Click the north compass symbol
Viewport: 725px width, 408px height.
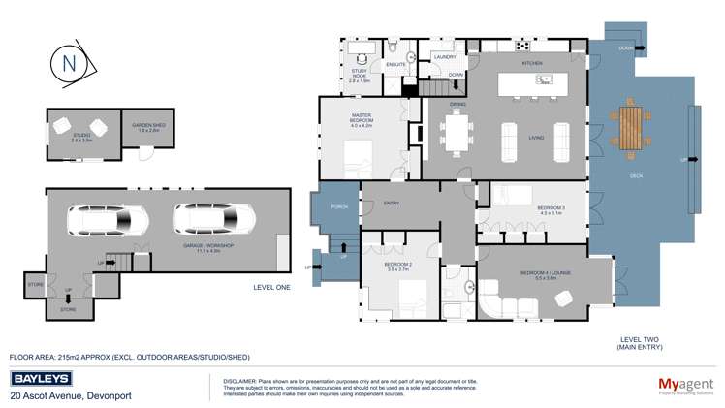(x=69, y=64)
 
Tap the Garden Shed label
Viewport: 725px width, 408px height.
(x=147, y=128)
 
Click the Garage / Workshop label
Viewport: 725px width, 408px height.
(x=214, y=246)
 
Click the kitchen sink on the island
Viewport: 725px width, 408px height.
(x=545, y=79)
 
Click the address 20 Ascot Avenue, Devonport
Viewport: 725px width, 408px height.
(x=70, y=395)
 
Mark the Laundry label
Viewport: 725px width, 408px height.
(x=445, y=57)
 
